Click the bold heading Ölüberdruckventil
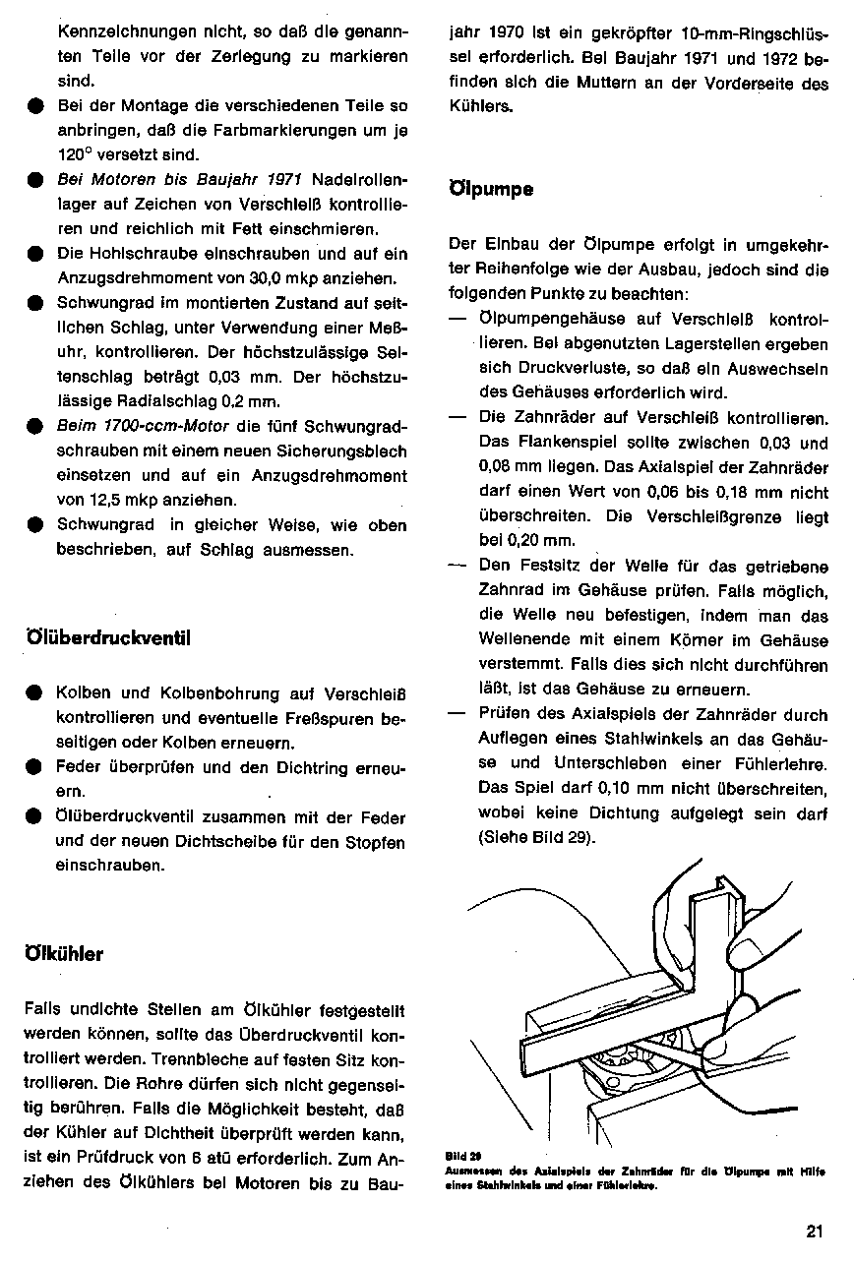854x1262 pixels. click(105, 637)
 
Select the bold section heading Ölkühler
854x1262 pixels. click(62, 953)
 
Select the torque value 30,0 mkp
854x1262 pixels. click(286, 277)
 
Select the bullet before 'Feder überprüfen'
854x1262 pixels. click(35, 767)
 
